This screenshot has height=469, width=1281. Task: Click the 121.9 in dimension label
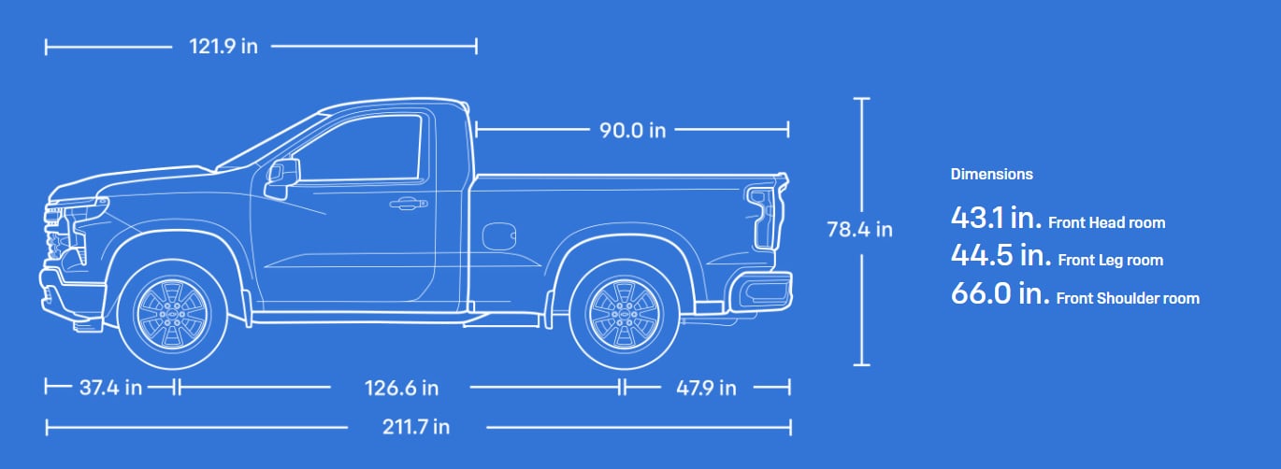click(x=223, y=47)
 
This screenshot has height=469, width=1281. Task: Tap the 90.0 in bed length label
click(x=632, y=131)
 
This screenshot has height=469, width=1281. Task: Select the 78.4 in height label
click(x=859, y=230)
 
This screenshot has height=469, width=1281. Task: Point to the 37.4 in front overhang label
click(x=110, y=388)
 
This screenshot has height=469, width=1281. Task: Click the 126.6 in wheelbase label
click(x=401, y=389)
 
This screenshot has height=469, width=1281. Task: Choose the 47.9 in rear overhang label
click(x=706, y=389)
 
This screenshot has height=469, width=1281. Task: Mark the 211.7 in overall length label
click(x=416, y=427)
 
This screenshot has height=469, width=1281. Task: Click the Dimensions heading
click(x=992, y=174)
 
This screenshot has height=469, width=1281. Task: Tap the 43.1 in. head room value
click(x=996, y=218)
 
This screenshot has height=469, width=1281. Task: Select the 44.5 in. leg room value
click(x=1001, y=255)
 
